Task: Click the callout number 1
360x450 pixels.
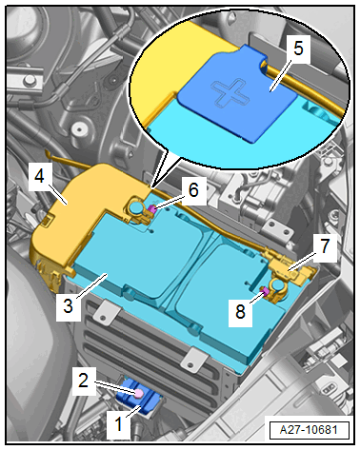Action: (x=118, y=423)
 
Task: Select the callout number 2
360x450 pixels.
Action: (x=83, y=380)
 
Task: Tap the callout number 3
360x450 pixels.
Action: (x=69, y=306)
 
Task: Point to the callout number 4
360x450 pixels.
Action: (x=39, y=176)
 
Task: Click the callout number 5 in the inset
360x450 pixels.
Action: (x=298, y=49)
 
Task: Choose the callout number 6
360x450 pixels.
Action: (x=193, y=190)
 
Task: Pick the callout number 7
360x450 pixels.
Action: (x=324, y=246)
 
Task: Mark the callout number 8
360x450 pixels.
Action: (x=240, y=311)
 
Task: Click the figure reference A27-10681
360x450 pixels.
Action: (x=309, y=430)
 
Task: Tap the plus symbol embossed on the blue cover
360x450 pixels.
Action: (x=230, y=92)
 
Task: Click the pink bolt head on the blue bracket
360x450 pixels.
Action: (x=139, y=394)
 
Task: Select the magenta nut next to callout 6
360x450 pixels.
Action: (x=151, y=208)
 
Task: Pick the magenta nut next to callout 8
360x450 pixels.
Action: (x=265, y=290)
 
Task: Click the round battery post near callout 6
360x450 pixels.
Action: (x=136, y=208)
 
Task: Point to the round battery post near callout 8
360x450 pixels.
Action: (x=277, y=286)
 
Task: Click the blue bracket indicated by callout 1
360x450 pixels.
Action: (x=139, y=397)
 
